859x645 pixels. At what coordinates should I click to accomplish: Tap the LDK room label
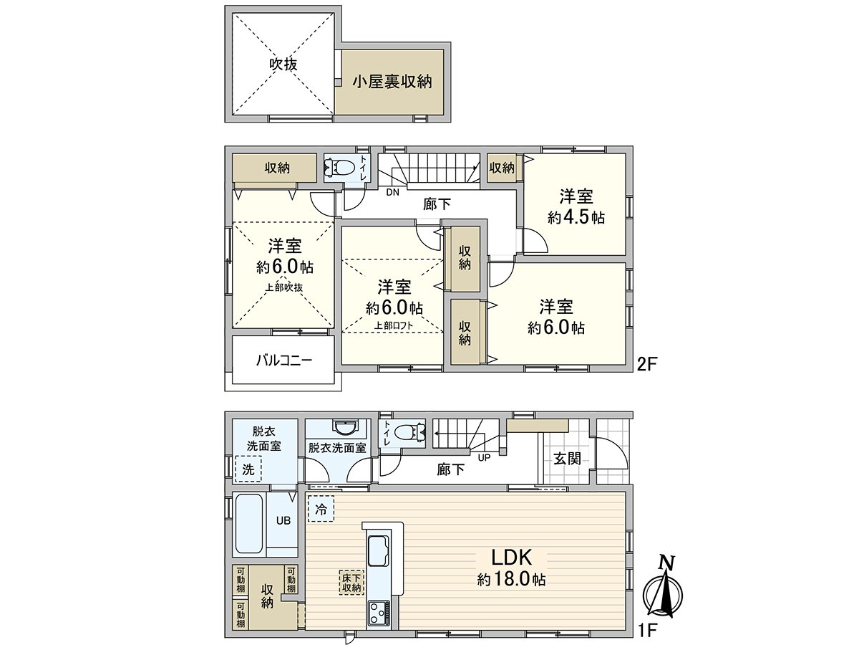point(510,558)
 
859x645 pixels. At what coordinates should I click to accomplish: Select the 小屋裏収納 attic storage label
point(391,82)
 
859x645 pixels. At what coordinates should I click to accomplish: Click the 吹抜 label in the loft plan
point(283,64)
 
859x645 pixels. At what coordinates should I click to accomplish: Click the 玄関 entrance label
point(566,459)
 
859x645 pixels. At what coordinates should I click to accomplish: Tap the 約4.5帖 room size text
point(576,218)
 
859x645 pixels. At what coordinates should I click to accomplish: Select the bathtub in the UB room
point(249,523)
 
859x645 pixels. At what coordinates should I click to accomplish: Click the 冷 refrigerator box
point(320,510)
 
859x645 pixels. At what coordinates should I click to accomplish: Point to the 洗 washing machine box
point(248,470)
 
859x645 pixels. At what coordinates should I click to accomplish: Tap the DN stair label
point(392,192)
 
